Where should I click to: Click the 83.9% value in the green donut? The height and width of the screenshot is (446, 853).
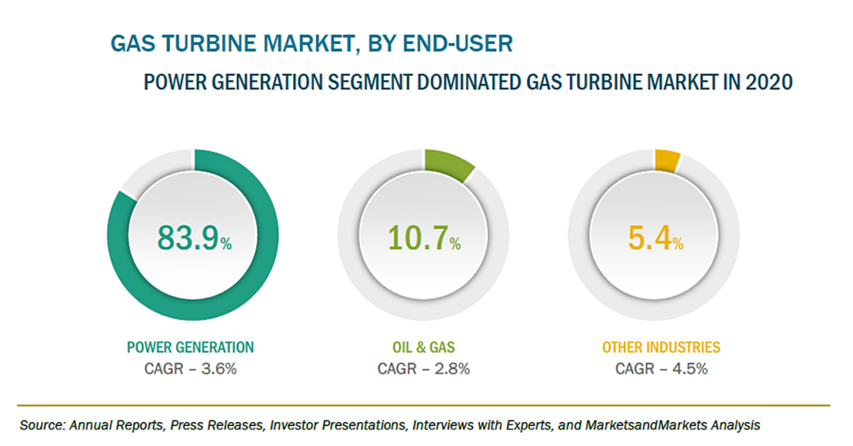195,239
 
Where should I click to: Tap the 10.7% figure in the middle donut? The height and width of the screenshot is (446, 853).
424,239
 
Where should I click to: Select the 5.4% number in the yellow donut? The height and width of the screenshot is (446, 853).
656,239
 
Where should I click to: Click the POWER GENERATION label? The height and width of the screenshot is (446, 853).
191,347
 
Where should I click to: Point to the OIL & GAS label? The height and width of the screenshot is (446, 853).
424,347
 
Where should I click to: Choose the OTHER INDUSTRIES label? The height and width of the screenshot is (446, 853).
661,347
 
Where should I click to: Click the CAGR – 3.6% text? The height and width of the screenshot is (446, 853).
191,369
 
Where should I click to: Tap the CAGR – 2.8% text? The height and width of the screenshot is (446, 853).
424,369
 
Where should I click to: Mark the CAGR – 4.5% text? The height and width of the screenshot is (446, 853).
661,369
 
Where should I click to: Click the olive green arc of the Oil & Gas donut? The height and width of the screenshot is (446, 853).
448,163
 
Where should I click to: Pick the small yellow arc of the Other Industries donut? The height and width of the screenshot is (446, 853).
667,161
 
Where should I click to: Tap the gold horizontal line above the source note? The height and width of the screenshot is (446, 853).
424,405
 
